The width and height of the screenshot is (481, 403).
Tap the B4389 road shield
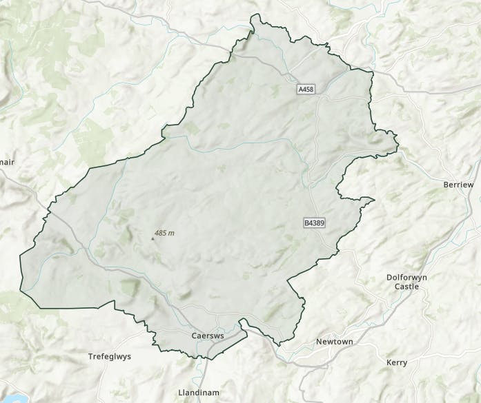(x=313, y=223)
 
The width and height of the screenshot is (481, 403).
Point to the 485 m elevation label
(x=165, y=234)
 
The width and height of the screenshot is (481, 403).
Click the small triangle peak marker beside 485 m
(x=153, y=238)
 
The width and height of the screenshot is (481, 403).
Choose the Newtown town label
(x=334, y=342)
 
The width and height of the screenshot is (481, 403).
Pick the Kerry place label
(x=397, y=362)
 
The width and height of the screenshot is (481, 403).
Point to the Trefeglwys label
(x=110, y=357)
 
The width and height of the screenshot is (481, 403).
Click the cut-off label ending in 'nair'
(x=6, y=163)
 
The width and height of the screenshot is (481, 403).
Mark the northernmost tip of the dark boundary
(x=252, y=14)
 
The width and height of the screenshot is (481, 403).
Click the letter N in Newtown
(x=318, y=342)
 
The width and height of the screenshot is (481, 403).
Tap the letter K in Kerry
(x=390, y=362)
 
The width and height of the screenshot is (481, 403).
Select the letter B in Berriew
(x=445, y=185)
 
